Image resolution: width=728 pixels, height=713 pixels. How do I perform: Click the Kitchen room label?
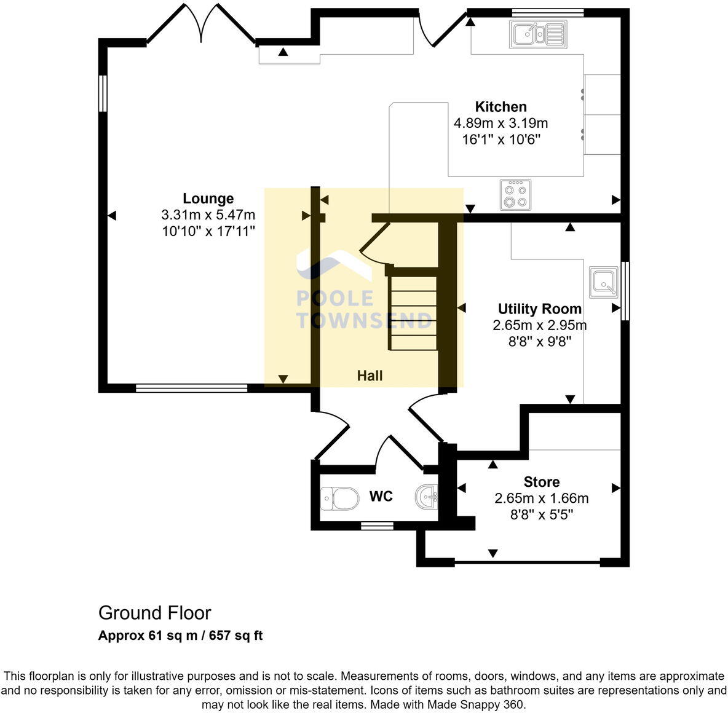click(501, 107)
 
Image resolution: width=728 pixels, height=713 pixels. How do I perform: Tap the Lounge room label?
click(208, 199)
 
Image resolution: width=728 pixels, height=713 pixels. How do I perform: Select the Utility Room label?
click(539, 309)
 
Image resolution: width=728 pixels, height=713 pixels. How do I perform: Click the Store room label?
click(541, 482)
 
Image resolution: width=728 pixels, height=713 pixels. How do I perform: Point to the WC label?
click(381, 496)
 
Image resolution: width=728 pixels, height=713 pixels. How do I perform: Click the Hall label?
click(370, 376)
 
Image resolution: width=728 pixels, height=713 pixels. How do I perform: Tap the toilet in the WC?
click(339, 498)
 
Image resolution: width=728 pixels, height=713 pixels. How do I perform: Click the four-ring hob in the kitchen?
click(515, 195)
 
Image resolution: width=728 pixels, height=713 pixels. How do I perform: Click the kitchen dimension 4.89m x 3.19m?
click(501, 124)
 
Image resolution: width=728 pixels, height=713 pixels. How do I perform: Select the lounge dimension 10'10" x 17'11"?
click(208, 231)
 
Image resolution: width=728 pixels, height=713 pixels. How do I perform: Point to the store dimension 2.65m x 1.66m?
click(541, 498)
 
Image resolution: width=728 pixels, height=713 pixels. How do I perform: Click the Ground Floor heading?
click(154, 613)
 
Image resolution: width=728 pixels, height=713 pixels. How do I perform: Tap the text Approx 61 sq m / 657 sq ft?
click(180, 636)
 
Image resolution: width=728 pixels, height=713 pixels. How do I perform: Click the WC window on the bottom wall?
click(377, 526)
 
